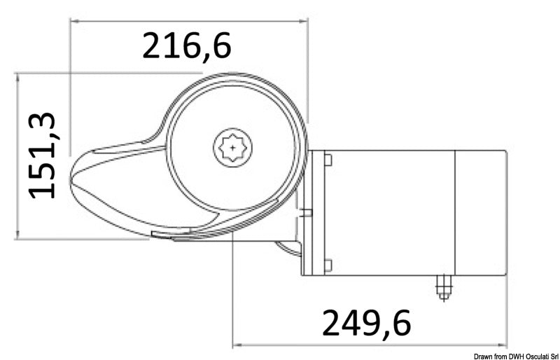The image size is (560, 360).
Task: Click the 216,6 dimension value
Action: click(x=186, y=46)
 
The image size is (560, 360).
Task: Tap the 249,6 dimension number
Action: click(x=366, y=323)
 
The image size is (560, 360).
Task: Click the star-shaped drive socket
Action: click(x=232, y=148)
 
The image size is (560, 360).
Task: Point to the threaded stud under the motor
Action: click(x=442, y=286)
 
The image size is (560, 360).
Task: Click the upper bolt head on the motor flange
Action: click(x=328, y=160)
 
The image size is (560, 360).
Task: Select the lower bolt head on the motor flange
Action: click(x=328, y=265)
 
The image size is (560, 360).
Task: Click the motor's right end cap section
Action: click(x=480, y=212)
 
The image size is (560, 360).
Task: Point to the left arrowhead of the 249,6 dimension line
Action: click(x=236, y=345)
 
